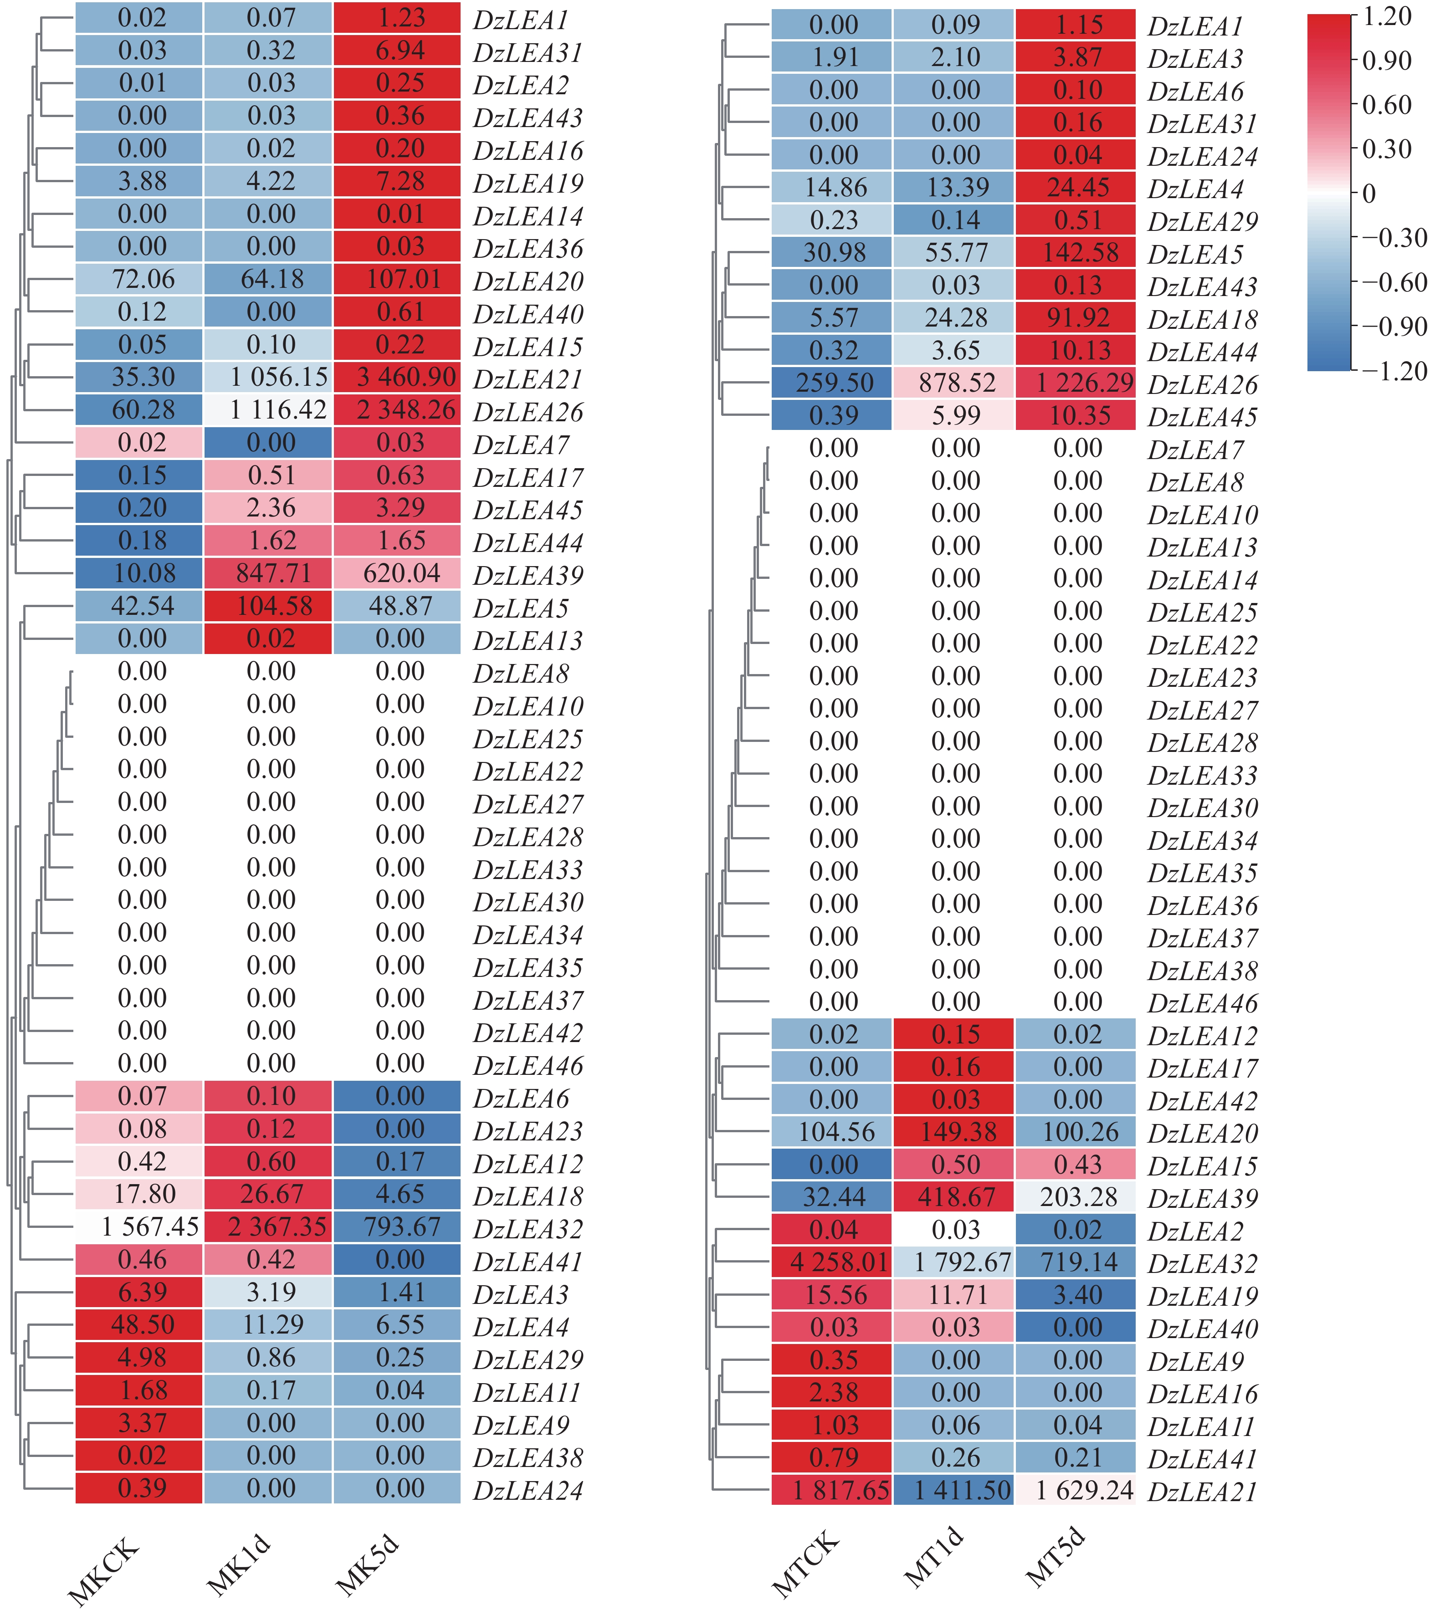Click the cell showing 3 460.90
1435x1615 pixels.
(x=397, y=377)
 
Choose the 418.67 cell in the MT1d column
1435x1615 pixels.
(x=954, y=1197)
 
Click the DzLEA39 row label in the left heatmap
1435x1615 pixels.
(x=528, y=575)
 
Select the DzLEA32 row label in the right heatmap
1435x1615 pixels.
(x=1202, y=1263)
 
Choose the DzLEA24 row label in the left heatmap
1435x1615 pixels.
(x=528, y=1490)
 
